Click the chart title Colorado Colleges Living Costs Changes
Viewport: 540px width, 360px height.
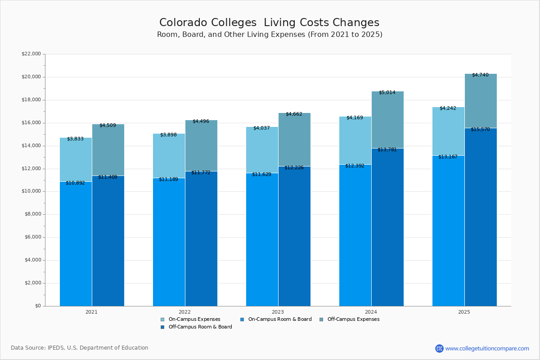pyautogui.click(x=269, y=22)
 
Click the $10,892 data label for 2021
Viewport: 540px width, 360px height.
pyautogui.click(x=75, y=183)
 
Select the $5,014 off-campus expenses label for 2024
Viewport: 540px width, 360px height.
pyautogui.click(x=387, y=92)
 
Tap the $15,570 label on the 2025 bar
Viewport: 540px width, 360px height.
pyautogui.click(x=480, y=129)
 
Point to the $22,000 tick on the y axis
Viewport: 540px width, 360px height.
pyautogui.click(x=31, y=54)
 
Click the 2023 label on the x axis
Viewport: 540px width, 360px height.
pyautogui.click(x=278, y=311)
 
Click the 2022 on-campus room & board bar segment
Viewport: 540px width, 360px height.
pyautogui.click(x=169, y=243)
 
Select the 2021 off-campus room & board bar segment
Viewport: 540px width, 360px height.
pyautogui.click(x=108, y=243)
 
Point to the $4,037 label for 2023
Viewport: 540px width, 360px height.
pyautogui.click(x=261, y=128)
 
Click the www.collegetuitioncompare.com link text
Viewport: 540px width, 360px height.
pyautogui.click(x=487, y=348)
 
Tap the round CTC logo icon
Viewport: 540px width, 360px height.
pyautogui.click(x=439, y=348)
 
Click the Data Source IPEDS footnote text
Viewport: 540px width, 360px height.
pyautogui.click(x=80, y=348)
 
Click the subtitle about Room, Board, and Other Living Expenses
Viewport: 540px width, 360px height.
pyautogui.click(x=269, y=35)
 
